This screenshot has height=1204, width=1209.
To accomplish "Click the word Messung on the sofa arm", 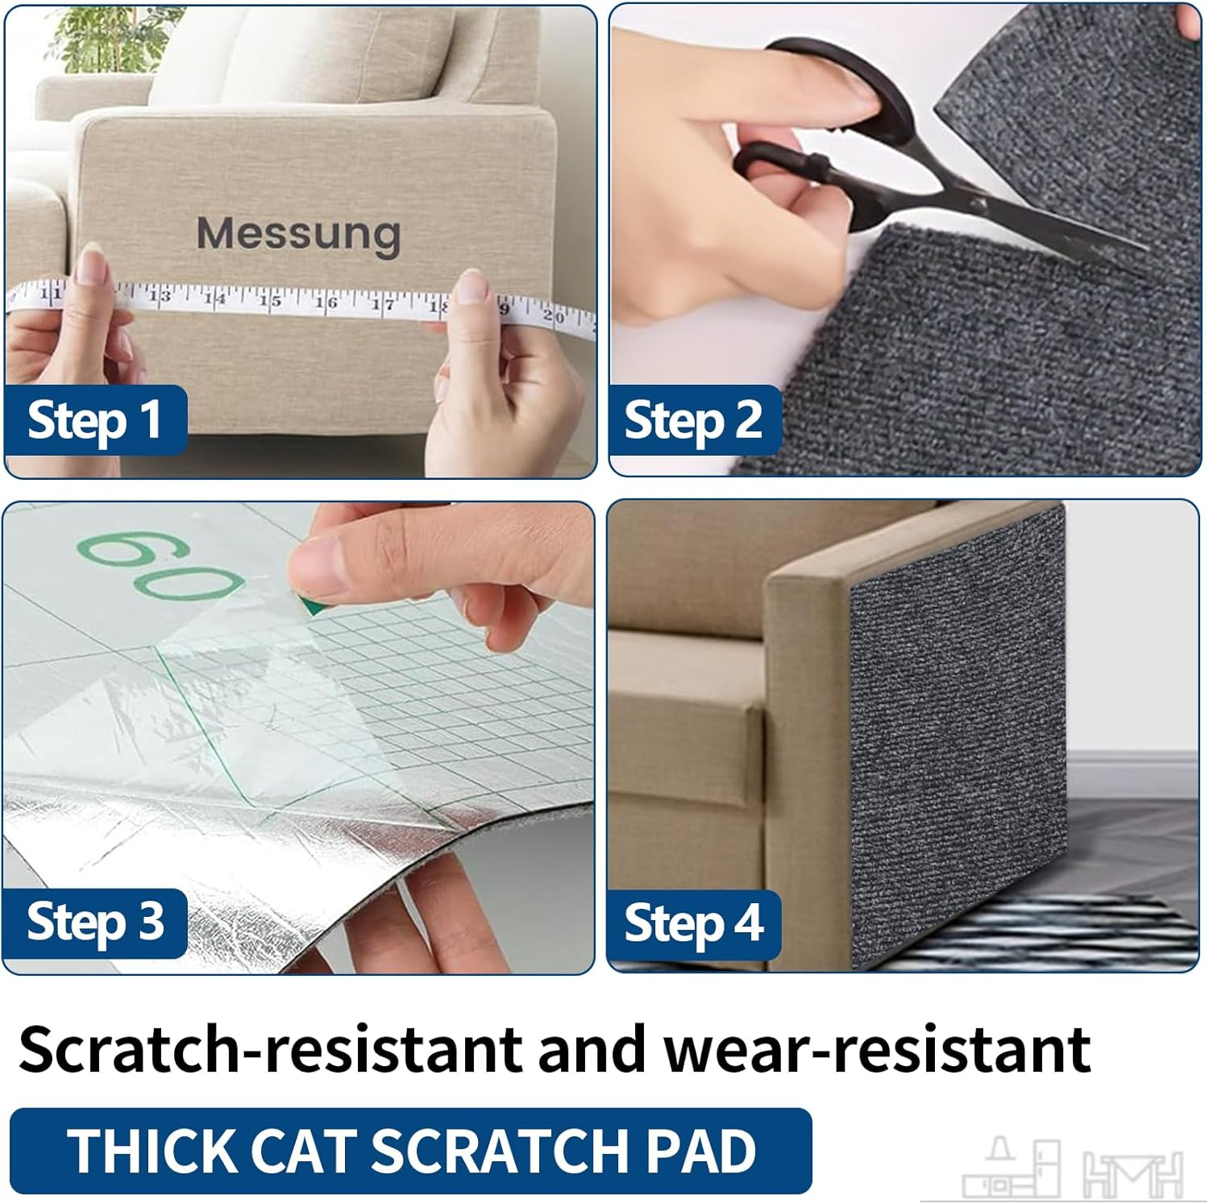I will pos(298,235).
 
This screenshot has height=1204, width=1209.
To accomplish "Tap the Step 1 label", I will pos(95,421).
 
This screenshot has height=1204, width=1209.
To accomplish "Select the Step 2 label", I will pos(693,421).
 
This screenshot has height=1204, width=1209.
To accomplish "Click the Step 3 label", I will pos(95,923).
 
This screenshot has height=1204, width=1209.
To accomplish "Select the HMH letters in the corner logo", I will pos(1132,1174).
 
